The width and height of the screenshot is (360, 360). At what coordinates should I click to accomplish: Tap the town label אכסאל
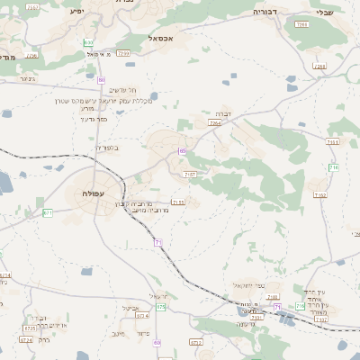click(x=161, y=39)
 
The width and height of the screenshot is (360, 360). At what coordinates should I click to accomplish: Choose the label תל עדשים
click(x=121, y=90)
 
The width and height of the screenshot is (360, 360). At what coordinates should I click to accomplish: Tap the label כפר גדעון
click(x=94, y=119)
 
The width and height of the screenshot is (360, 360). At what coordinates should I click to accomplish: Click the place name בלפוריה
click(x=106, y=148)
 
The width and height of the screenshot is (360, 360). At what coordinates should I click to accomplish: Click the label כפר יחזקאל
click(x=247, y=284)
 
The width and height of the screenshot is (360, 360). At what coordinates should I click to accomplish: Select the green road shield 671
click(x=48, y=213)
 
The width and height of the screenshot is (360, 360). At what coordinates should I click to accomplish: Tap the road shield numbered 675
click(x=161, y=308)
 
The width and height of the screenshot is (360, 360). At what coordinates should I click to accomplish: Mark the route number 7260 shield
click(x=122, y=53)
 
